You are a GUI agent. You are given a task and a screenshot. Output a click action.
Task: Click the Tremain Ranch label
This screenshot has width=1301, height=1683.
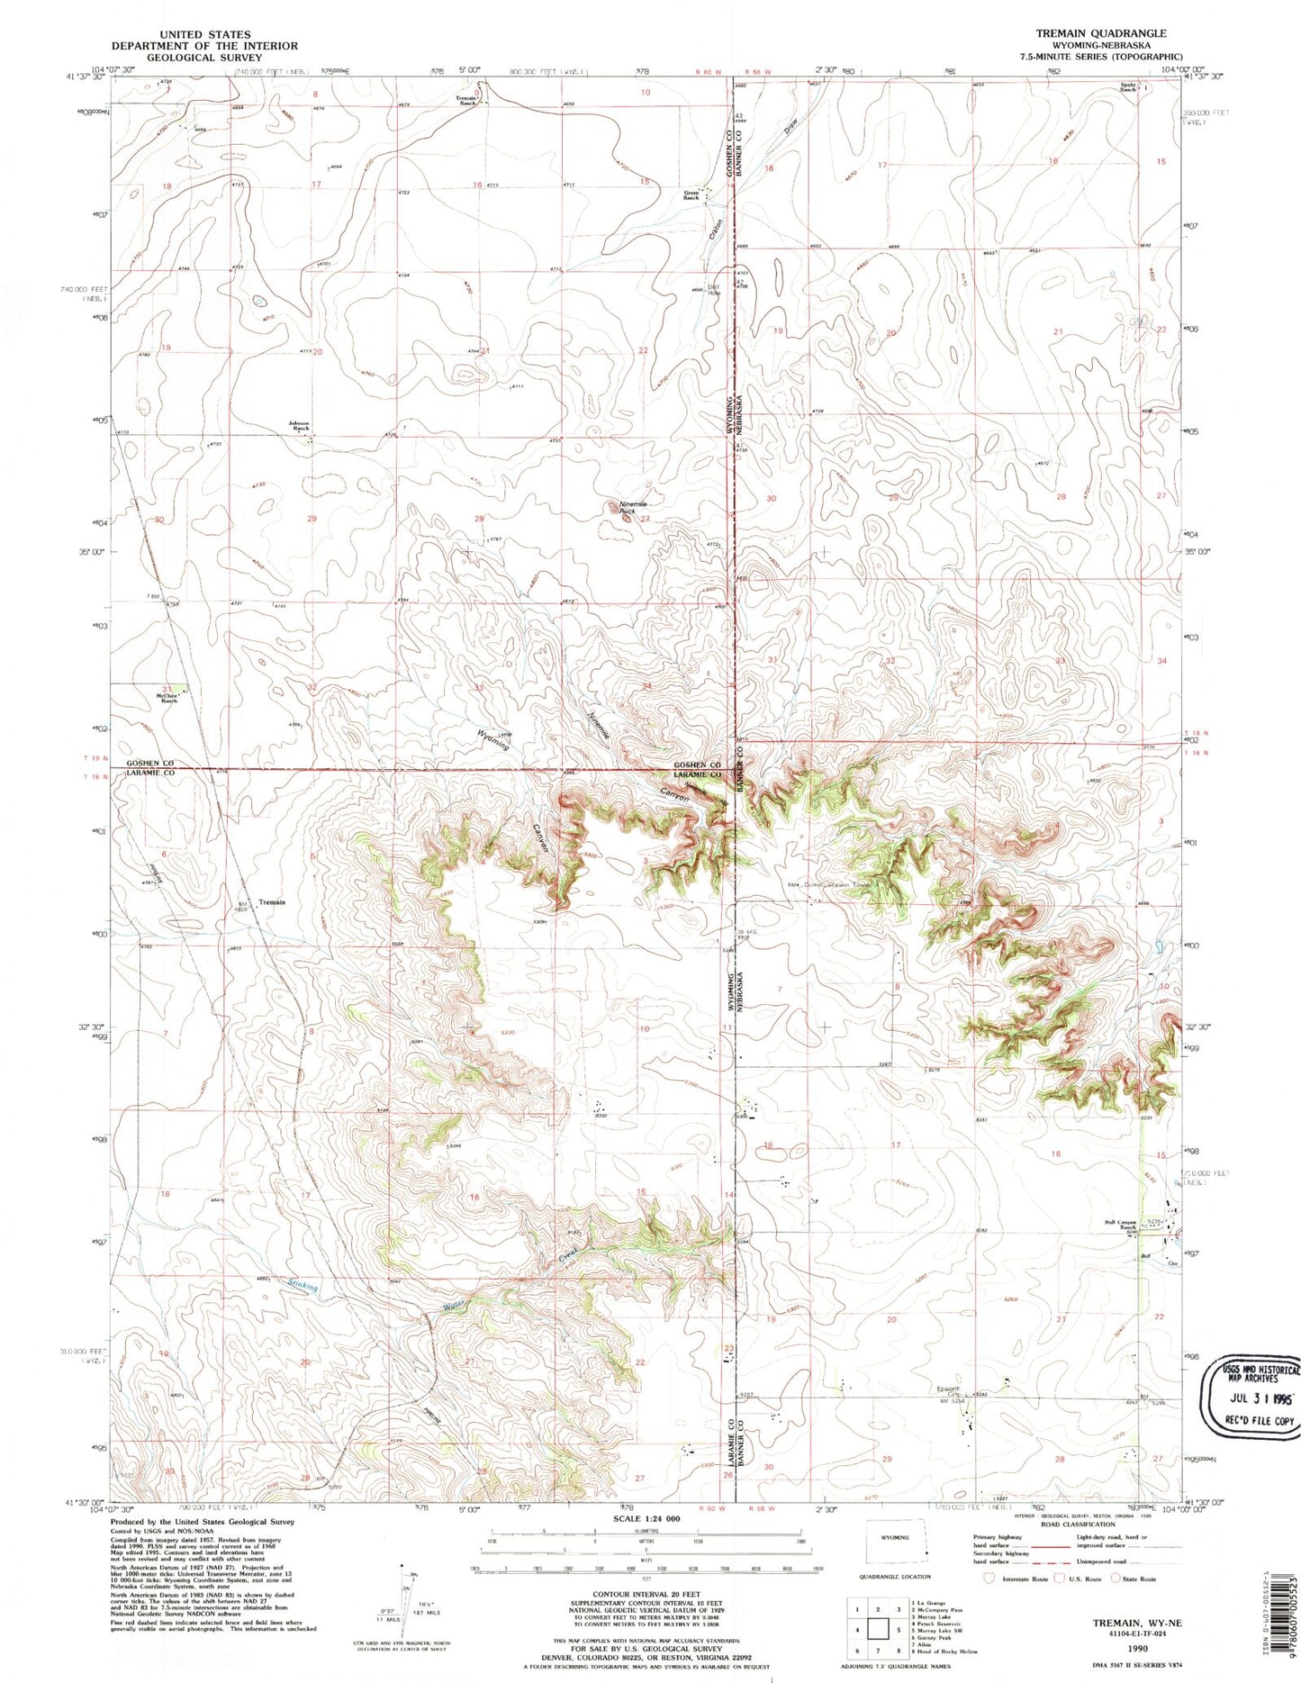(x=465, y=100)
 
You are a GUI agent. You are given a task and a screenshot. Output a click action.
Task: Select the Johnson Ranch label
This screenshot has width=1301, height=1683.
(x=299, y=427)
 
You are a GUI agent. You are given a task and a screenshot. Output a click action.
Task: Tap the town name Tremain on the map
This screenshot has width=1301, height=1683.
(x=272, y=902)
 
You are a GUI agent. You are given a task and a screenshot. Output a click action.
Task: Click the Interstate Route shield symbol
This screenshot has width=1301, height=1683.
(x=989, y=1578)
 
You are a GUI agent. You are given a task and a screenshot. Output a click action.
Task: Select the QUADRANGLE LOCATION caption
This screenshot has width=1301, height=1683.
(x=896, y=1577)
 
